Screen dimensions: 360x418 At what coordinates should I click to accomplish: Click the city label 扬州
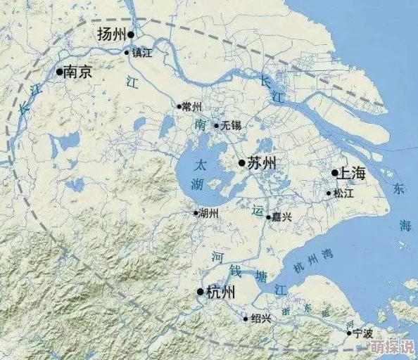click(111, 34)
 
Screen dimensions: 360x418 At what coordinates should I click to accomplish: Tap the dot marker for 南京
click(59, 71)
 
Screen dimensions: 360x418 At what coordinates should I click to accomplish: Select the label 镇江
click(142, 53)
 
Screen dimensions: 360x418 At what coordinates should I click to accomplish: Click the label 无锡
click(230, 126)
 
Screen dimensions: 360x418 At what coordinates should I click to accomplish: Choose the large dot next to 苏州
click(241, 163)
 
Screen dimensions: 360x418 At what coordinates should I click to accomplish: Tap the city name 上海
click(353, 173)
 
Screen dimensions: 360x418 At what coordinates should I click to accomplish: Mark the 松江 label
click(344, 193)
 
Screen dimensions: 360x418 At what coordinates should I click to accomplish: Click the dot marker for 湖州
click(196, 212)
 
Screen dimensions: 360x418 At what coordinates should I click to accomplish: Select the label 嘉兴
click(282, 217)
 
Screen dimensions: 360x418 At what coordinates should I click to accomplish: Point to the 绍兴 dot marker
click(246, 319)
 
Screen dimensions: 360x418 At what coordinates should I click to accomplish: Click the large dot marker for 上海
click(335, 173)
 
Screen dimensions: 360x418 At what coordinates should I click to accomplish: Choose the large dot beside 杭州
click(201, 292)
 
